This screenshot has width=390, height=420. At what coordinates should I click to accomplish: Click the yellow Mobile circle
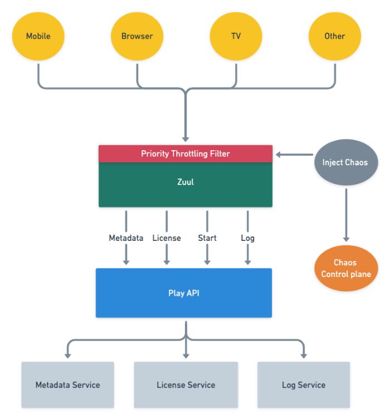[38, 36]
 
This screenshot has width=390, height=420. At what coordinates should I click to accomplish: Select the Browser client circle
[137, 36]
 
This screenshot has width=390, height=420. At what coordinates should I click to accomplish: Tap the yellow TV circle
[236, 36]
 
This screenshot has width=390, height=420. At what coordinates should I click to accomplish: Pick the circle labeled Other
[335, 36]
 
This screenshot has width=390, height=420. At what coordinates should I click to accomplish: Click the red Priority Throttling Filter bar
[186, 154]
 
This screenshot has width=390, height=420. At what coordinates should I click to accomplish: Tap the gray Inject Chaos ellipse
[346, 162]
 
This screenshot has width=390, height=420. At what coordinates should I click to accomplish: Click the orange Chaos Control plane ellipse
[346, 268]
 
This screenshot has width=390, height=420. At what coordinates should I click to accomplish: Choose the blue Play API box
[184, 293]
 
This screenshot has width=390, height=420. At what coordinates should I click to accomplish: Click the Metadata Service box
[68, 385]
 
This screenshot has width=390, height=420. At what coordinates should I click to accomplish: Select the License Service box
[186, 385]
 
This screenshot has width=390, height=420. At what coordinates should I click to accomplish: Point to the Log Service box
[304, 385]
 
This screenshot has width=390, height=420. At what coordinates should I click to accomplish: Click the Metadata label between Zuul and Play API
[126, 238]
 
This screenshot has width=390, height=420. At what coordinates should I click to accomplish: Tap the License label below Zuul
[167, 238]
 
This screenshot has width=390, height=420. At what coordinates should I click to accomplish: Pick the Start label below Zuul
[207, 238]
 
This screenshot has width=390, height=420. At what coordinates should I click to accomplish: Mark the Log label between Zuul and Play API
[247, 239]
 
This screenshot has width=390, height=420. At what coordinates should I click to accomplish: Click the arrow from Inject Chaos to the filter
[295, 155]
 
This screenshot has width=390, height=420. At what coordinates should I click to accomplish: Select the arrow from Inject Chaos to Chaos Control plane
[347, 215]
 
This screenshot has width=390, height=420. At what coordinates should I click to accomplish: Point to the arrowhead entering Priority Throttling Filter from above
[186, 139]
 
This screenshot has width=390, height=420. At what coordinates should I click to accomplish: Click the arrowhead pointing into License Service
[186, 355]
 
